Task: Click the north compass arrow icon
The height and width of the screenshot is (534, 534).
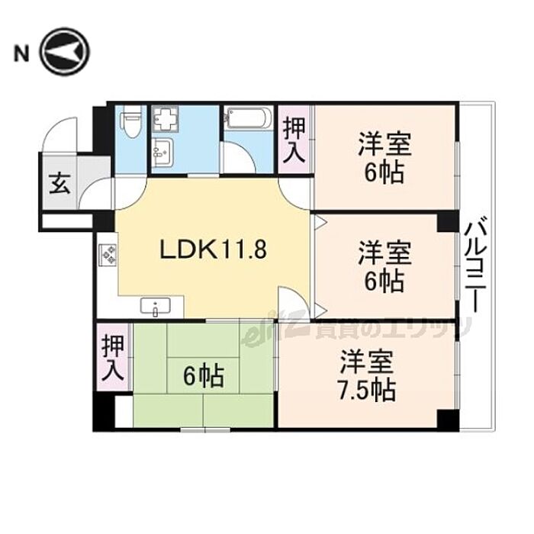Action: pyautogui.click(x=64, y=53)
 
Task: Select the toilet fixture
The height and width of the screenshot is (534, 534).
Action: pyautogui.click(x=131, y=124)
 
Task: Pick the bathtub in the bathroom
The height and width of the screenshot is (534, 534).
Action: pyautogui.click(x=246, y=119)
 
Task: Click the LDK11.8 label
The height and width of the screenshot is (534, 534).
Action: pyautogui.click(x=211, y=249)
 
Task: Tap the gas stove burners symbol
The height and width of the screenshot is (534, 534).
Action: pyautogui.click(x=106, y=254)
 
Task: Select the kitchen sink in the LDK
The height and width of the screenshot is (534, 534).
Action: pyautogui.click(x=160, y=307)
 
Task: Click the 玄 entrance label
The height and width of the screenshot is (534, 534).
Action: pyautogui.click(x=58, y=185)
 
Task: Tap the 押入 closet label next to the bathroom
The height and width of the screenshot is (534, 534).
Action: pyautogui.click(x=294, y=140)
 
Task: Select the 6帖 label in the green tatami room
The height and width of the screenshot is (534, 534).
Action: pyautogui.click(x=202, y=376)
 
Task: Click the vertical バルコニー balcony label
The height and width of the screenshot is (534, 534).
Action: pyautogui.click(x=476, y=264)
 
